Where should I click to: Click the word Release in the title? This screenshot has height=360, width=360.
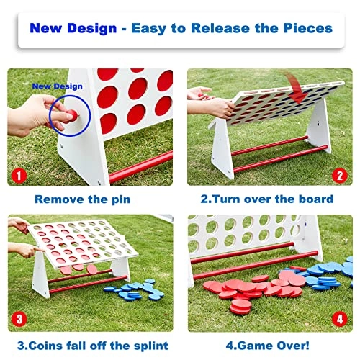click(x=220, y=28)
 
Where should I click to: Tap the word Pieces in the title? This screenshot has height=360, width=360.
click(x=308, y=28)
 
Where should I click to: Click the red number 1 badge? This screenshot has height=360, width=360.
click(x=19, y=176)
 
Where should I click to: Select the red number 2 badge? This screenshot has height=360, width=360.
click(x=340, y=176)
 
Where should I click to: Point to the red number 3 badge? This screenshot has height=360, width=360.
click(x=19, y=319)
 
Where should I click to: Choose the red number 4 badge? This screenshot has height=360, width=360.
click(x=340, y=319)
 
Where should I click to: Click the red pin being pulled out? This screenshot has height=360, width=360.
click(x=73, y=114)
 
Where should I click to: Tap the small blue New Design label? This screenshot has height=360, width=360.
click(x=57, y=86)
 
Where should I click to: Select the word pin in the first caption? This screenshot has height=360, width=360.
click(x=121, y=199)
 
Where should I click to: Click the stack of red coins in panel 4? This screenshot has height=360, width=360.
click(x=240, y=307)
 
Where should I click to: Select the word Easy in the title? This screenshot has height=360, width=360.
click(x=148, y=29)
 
